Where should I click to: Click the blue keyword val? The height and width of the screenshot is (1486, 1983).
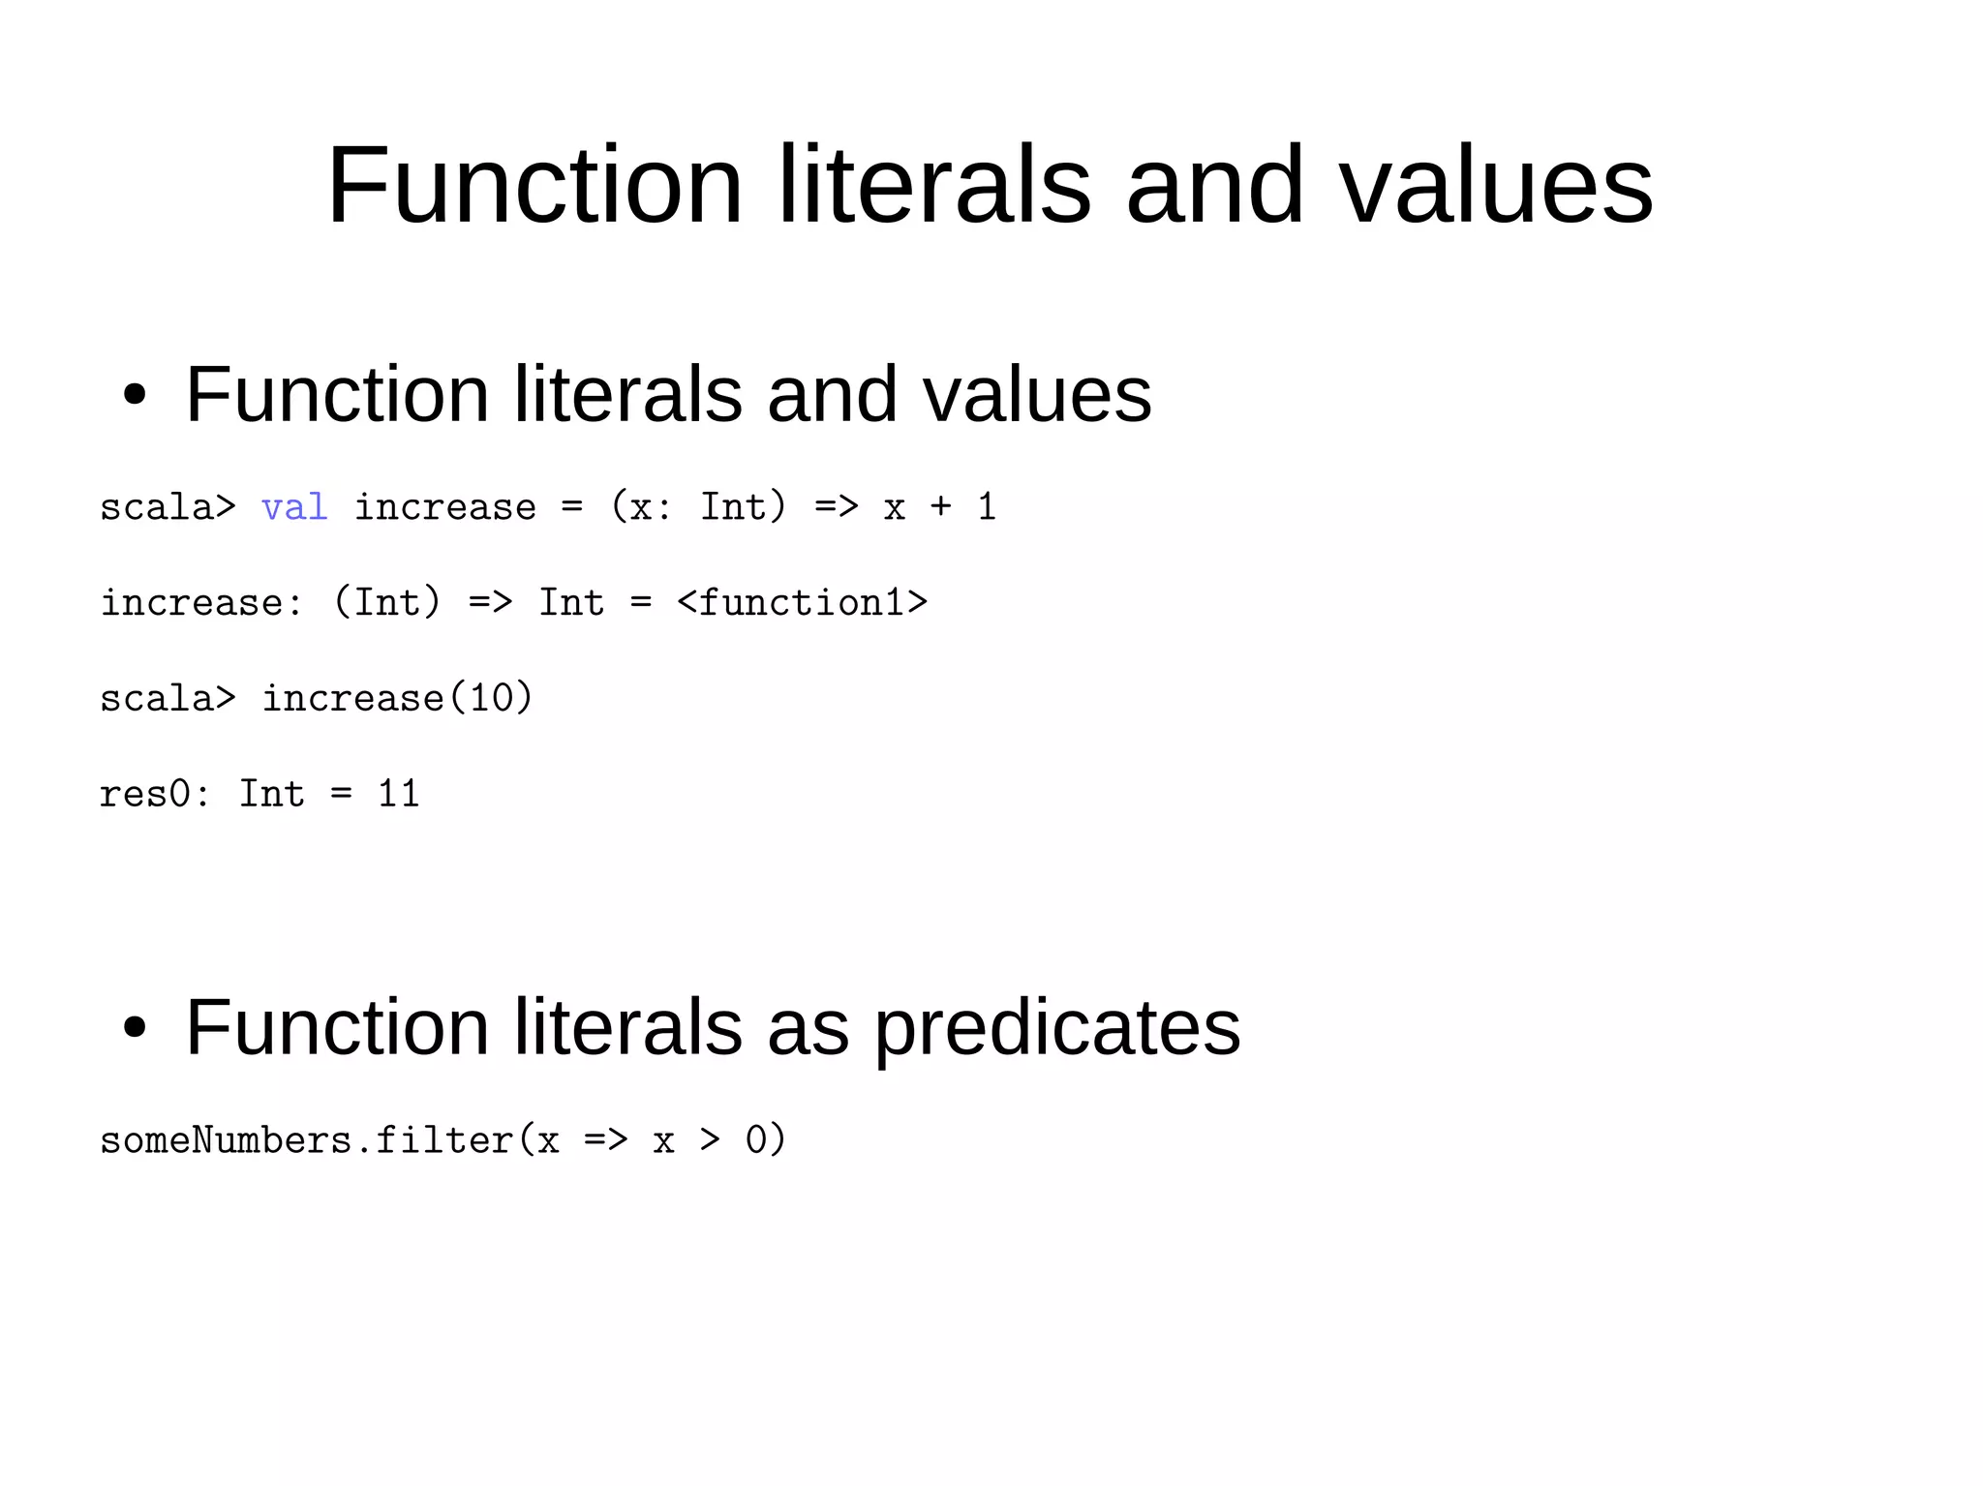[294, 507]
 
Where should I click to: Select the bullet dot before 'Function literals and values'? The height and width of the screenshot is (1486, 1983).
[135, 395]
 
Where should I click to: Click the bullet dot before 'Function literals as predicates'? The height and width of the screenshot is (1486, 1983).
[135, 1028]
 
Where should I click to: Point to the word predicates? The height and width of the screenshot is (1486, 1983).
[1057, 1028]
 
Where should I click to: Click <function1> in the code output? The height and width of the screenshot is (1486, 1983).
[802, 603]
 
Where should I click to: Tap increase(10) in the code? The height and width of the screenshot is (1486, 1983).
[397, 698]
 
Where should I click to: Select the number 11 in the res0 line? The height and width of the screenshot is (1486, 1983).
[398, 794]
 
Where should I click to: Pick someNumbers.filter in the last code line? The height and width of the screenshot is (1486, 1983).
[306, 1139]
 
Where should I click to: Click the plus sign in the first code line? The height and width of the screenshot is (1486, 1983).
[940, 507]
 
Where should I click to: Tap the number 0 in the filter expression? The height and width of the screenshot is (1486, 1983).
[756, 1139]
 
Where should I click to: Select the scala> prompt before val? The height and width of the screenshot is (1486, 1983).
[168, 507]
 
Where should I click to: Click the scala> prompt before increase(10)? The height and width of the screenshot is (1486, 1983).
[168, 698]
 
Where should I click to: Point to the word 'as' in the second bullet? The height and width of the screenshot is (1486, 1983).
[808, 1028]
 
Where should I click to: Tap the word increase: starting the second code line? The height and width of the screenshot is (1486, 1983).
[201, 603]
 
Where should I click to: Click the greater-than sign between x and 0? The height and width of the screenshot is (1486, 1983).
[710, 1139]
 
